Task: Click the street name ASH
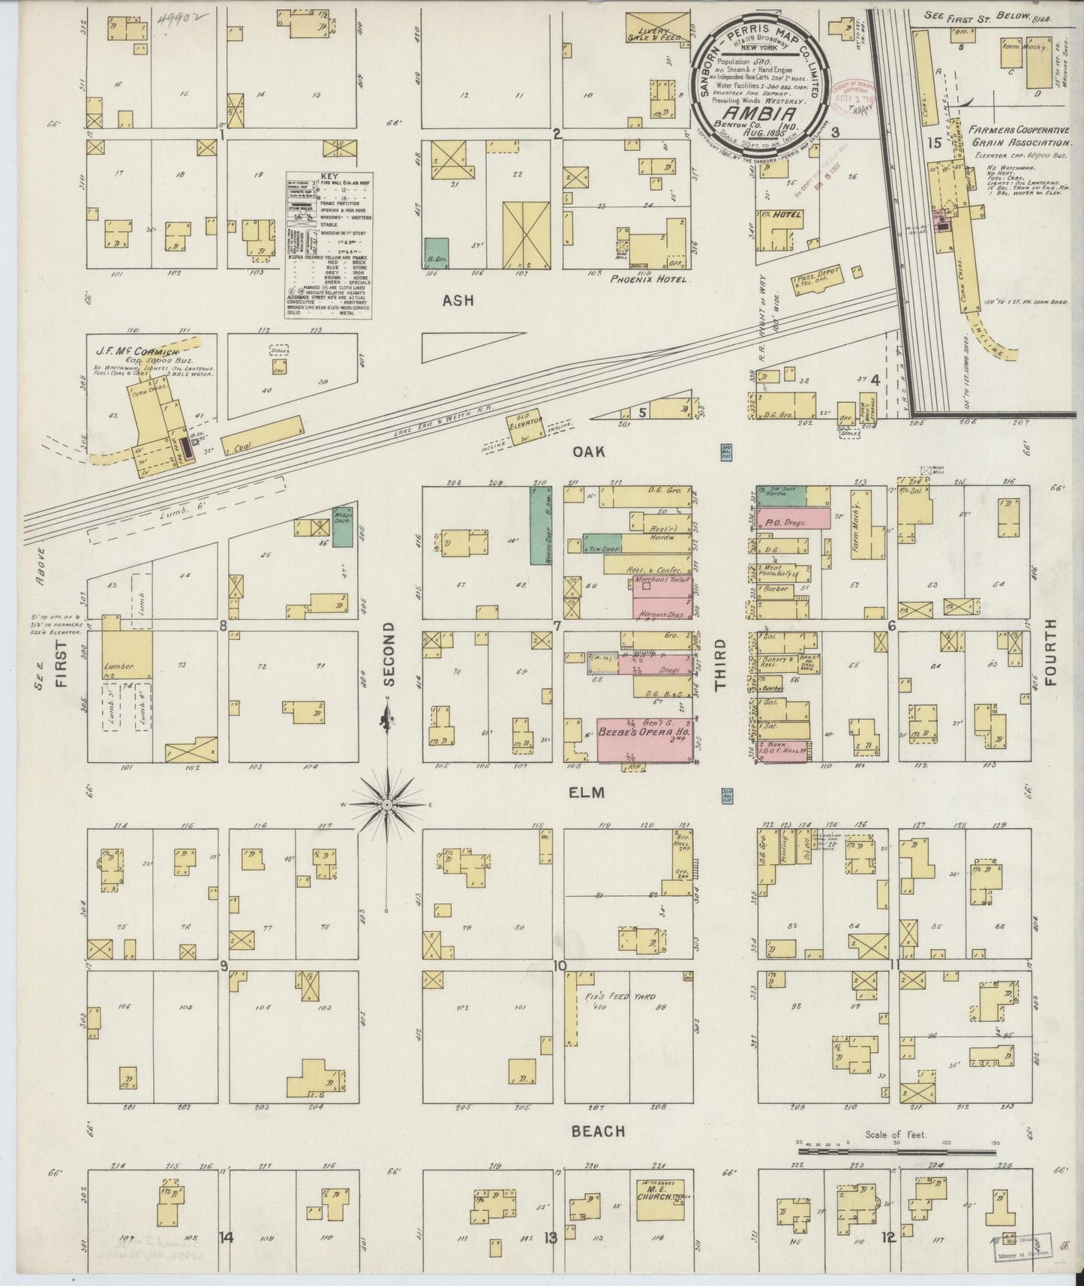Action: click(x=458, y=300)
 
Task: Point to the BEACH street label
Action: click(x=598, y=1131)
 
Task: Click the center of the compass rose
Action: click(x=387, y=805)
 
